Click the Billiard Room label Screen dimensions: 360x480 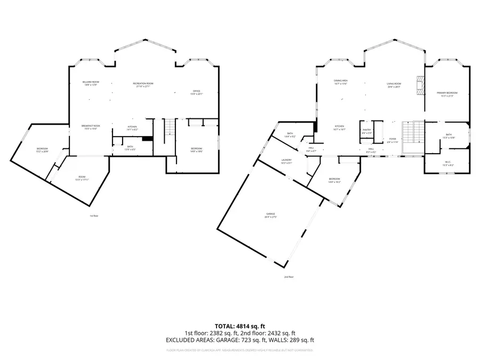[91, 83]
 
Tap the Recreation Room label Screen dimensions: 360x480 [143, 84]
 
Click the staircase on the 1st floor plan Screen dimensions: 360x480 [169, 128]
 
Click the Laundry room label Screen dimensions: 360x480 [286, 161]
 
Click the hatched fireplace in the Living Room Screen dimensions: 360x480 [420, 85]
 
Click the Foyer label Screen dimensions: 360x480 [393, 140]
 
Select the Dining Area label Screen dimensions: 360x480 [341, 82]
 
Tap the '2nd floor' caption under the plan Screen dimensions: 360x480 [289, 277]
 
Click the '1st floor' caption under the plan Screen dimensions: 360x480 [94, 215]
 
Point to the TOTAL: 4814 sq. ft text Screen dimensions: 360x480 [240, 325]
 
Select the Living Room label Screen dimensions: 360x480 [394, 84]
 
